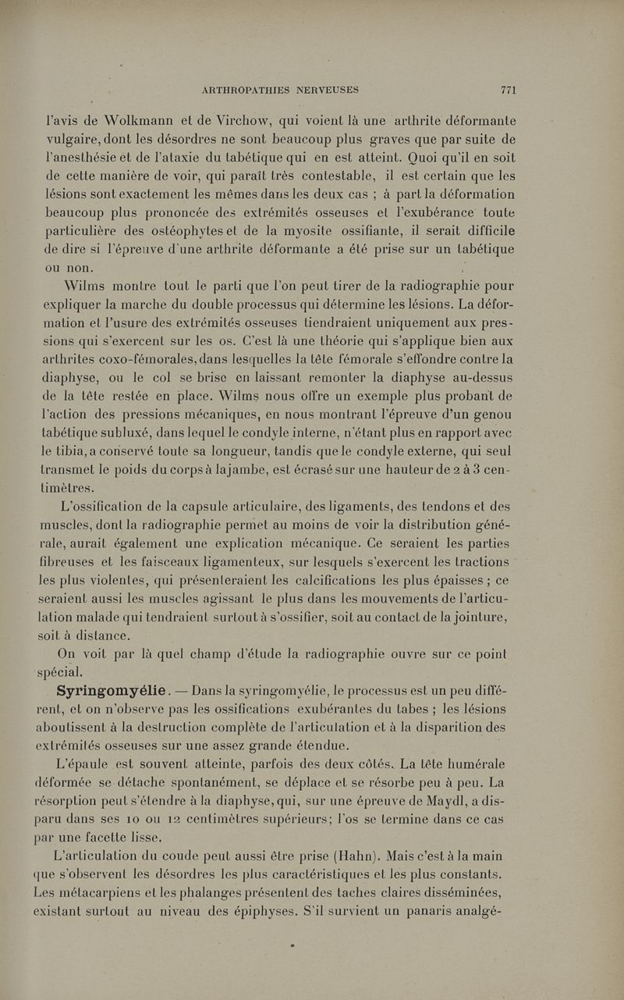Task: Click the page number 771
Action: tap(509, 89)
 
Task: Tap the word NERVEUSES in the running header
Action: tap(328, 89)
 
